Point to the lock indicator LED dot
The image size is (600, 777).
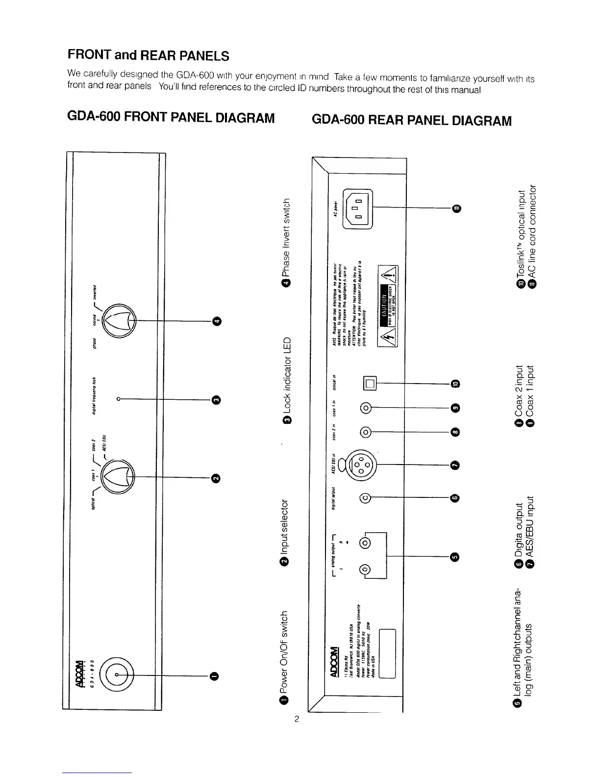point(119,399)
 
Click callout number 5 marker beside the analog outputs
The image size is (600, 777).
point(454,556)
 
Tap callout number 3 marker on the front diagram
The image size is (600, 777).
point(217,399)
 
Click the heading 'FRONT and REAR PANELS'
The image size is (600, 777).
point(148,55)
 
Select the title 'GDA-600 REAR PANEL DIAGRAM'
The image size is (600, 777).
point(411,120)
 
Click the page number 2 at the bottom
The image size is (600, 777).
point(296,720)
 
